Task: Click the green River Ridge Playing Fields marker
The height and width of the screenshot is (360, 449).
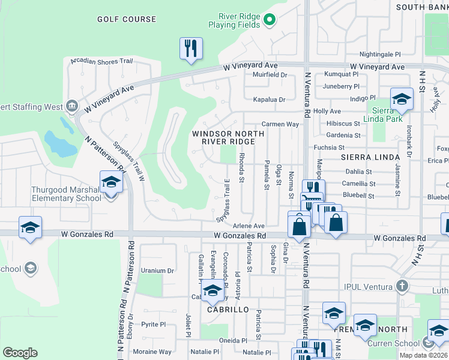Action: (270, 20)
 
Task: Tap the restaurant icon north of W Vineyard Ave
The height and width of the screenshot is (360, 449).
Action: (191, 48)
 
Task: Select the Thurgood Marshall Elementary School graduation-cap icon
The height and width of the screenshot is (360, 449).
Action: (111, 182)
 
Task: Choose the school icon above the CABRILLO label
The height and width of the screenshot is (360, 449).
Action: (212, 292)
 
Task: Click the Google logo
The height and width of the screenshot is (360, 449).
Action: (20, 353)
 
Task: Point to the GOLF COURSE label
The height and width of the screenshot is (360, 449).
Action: (127, 19)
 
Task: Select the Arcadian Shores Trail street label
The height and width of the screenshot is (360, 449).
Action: (101, 61)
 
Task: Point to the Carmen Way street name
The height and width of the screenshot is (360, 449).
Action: (280, 124)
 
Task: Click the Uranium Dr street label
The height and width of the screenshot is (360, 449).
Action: (157, 271)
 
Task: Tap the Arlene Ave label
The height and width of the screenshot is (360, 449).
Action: (249, 226)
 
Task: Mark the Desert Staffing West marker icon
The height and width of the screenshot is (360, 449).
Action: (71, 106)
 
